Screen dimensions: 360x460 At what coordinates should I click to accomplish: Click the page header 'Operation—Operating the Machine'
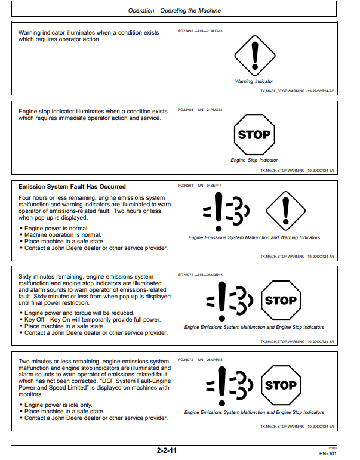tap(174, 11)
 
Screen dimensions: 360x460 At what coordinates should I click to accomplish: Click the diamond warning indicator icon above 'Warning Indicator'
tap(254, 55)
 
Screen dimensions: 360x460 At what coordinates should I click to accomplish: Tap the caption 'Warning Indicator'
tap(254, 81)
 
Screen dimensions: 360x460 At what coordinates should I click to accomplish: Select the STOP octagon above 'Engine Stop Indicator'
tap(254, 134)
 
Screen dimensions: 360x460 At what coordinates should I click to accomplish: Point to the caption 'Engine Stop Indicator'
tap(254, 160)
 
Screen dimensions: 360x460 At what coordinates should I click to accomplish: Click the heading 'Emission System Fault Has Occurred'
tap(72, 187)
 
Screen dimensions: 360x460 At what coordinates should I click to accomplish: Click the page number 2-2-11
tap(167, 450)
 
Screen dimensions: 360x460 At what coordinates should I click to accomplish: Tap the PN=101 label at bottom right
tap(328, 453)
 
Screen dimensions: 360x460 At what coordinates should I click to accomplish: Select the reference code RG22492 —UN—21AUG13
tap(200, 31)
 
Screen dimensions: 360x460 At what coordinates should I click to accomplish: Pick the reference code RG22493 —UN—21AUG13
tap(200, 110)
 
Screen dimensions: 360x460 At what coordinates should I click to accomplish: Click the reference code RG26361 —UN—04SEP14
tap(199, 186)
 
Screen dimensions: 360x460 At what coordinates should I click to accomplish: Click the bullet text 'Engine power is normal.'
tap(57, 229)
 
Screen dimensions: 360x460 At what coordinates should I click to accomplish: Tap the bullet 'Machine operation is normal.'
tap(63, 235)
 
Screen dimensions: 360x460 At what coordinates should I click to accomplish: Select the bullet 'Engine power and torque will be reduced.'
tap(79, 313)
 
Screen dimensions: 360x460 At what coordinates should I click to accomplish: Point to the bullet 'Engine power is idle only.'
tap(59, 405)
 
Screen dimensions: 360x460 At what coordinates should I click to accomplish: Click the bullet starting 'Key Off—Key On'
tap(93, 320)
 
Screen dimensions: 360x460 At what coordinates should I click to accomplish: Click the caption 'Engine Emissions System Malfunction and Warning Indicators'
tap(254, 237)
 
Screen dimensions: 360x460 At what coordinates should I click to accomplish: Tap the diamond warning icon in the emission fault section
tap(285, 211)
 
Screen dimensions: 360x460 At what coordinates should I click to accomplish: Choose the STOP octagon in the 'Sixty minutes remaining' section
tap(281, 301)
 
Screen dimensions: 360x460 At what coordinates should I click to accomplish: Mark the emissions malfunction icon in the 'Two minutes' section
tap(229, 386)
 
